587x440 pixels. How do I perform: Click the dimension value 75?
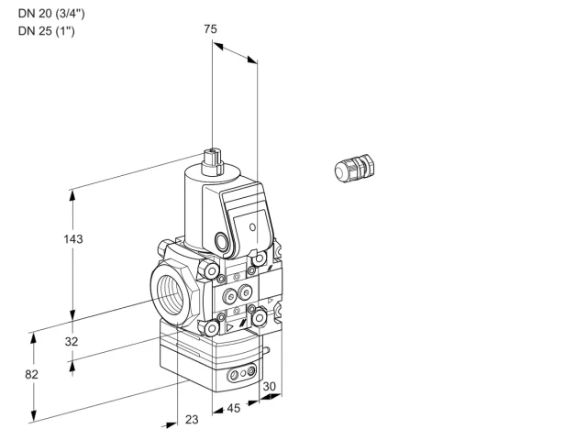(x=210, y=28)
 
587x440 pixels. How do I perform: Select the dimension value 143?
(x=73, y=238)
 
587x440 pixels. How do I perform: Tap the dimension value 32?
(x=72, y=341)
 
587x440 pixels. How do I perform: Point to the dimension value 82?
(x=31, y=374)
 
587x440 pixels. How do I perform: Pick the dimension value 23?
(x=192, y=420)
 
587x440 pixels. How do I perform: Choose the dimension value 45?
(x=234, y=408)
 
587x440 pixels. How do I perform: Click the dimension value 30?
(x=269, y=387)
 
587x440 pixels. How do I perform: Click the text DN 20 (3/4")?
(x=51, y=14)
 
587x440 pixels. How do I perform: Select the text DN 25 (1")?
(x=47, y=30)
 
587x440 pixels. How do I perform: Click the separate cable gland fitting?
(x=354, y=168)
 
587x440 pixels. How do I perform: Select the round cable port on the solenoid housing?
(x=220, y=241)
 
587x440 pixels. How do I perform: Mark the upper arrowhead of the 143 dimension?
(x=72, y=195)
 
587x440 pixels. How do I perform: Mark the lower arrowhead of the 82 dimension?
(x=34, y=416)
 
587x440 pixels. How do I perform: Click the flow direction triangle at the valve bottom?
(x=229, y=328)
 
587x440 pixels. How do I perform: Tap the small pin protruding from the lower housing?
(x=266, y=350)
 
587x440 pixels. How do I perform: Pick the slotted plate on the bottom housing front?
(x=241, y=373)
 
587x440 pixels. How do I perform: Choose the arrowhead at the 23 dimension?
(x=171, y=425)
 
